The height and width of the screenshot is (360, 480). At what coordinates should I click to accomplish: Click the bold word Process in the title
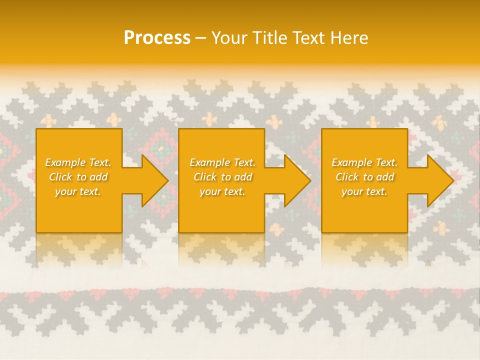point(157,38)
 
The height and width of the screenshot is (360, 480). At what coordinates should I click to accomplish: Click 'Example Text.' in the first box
point(78,162)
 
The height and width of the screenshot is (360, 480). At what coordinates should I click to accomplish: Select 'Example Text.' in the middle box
point(222,162)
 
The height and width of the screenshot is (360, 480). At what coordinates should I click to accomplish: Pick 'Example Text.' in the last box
point(364,162)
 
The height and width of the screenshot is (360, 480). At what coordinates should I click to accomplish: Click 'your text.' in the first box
point(78,191)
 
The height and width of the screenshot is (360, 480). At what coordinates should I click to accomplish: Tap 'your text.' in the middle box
point(222,191)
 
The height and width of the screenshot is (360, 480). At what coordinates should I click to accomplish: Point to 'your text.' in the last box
point(364,191)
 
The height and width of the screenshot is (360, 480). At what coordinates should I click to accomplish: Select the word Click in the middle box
point(205,177)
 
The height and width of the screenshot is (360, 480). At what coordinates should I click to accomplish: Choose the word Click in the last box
point(347,177)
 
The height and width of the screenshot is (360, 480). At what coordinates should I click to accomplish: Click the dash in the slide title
point(200,38)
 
